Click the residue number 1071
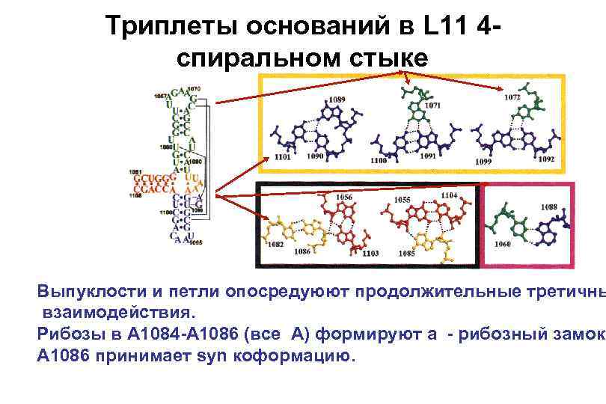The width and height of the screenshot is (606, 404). [432, 105]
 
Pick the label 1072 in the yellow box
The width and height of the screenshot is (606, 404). [512, 97]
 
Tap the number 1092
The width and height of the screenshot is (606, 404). [546, 159]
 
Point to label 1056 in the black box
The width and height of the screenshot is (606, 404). [344, 197]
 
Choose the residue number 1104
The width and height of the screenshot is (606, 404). [449, 195]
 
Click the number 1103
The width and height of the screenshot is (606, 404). [371, 254]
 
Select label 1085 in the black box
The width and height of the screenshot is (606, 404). [407, 254]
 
